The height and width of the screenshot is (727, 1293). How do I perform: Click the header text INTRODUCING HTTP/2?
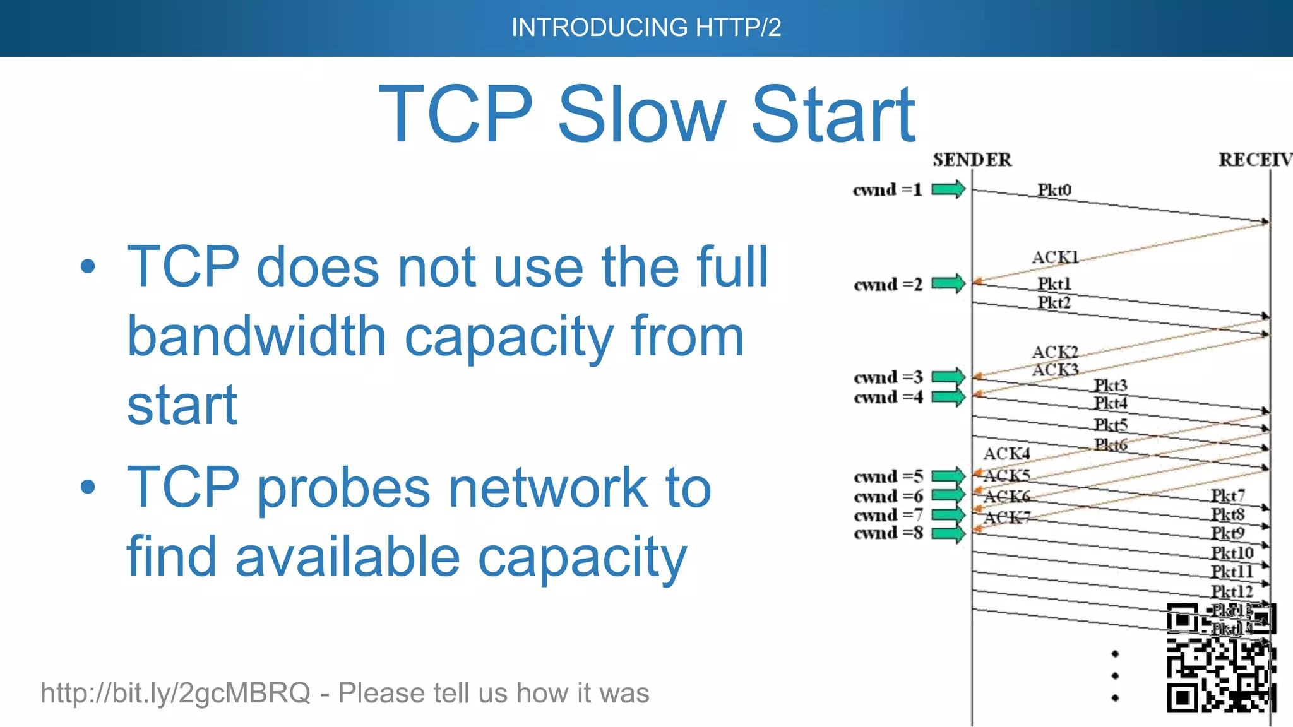(x=646, y=28)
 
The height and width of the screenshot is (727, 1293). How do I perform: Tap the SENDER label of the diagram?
(x=972, y=160)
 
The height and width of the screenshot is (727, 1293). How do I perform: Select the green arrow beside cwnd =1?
(x=948, y=189)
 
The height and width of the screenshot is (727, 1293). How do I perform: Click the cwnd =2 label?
(x=888, y=285)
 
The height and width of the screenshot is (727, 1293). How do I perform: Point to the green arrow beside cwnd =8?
(x=948, y=534)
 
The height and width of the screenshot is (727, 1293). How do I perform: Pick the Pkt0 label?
(x=1054, y=189)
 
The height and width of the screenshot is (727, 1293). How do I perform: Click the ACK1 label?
(x=1055, y=257)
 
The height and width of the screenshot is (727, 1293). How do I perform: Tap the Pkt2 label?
(x=1054, y=302)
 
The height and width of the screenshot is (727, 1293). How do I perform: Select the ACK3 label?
(x=1055, y=370)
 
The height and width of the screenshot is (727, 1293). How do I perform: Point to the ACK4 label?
(x=1006, y=454)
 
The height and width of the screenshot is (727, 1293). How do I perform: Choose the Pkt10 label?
(x=1232, y=553)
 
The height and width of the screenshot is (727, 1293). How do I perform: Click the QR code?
(x=1220, y=658)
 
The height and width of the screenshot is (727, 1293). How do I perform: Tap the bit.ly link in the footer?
(x=175, y=693)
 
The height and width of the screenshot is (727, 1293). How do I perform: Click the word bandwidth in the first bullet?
(x=256, y=336)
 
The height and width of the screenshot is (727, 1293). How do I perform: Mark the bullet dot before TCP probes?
(x=88, y=487)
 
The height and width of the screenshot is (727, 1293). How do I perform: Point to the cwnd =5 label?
(x=888, y=476)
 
